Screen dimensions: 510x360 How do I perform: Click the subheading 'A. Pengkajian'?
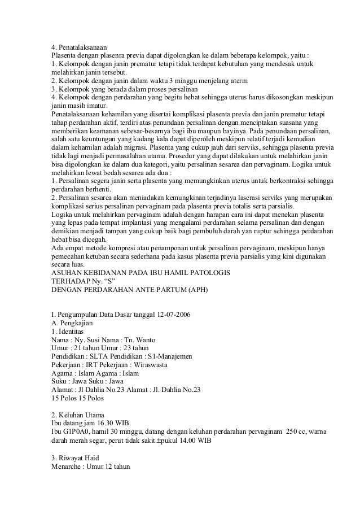pos(72,322)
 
